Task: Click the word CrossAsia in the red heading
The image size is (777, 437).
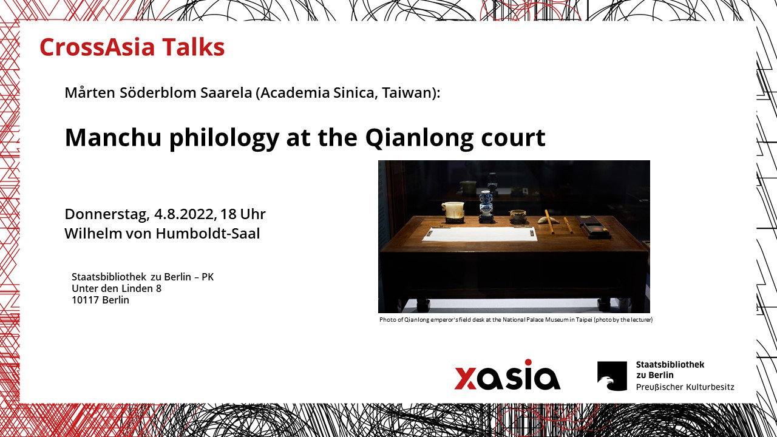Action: pyautogui.click(x=97, y=47)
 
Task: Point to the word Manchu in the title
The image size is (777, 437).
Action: pyautogui.click(x=114, y=137)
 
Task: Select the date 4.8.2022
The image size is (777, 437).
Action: pyautogui.click(x=183, y=214)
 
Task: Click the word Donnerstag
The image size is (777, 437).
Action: pyautogui.click(x=106, y=215)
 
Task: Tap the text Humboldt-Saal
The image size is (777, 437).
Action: pyautogui.click(x=208, y=234)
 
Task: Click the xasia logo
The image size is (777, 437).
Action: pyautogui.click(x=507, y=374)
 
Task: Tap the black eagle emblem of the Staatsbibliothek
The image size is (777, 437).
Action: pyautogui.click(x=612, y=376)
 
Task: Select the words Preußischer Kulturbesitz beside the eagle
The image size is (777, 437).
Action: pyautogui.click(x=685, y=387)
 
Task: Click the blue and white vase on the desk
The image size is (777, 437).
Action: pyautogui.click(x=486, y=205)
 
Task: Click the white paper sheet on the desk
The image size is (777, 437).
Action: pyautogui.click(x=480, y=234)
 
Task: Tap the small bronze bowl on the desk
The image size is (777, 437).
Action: pyautogui.click(x=518, y=217)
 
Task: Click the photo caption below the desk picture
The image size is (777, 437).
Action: pyautogui.click(x=516, y=319)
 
